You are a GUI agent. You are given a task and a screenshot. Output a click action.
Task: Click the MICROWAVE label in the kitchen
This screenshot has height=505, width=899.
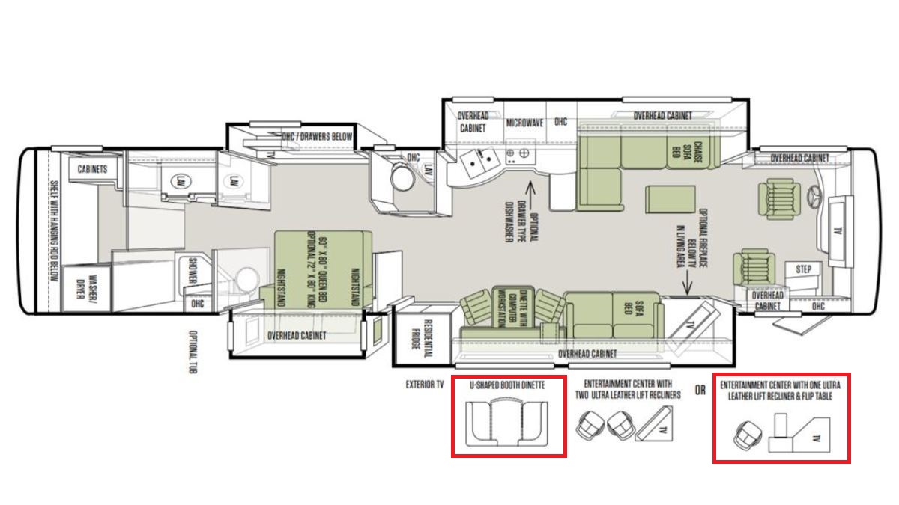point(524,123)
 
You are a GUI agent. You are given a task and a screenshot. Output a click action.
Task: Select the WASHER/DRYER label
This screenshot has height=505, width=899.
point(88,287)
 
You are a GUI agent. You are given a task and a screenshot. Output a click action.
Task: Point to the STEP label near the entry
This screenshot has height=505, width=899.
point(803,269)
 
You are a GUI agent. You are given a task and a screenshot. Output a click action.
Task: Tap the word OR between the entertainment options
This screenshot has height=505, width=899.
point(700,390)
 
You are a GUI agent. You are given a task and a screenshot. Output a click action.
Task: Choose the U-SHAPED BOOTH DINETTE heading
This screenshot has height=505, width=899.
point(507,385)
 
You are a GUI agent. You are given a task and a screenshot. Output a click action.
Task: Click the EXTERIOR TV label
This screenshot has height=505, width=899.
point(425,385)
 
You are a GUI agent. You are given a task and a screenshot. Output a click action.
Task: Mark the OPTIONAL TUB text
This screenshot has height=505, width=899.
point(193,352)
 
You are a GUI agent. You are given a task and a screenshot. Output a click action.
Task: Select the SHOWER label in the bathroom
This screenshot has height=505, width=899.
point(193,272)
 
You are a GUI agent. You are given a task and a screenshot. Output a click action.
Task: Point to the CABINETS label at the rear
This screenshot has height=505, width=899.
point(92,169)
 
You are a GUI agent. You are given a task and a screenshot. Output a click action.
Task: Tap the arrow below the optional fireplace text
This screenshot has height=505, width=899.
point(687,283)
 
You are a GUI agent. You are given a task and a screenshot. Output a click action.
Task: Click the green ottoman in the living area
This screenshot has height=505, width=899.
point(671,199)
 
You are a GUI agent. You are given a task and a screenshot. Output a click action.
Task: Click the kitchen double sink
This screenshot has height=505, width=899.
point(480,161)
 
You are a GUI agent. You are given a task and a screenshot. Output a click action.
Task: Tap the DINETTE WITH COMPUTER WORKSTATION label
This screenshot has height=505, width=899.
point(512,308)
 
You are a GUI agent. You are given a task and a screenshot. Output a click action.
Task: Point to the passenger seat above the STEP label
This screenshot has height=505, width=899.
point(754,267)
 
